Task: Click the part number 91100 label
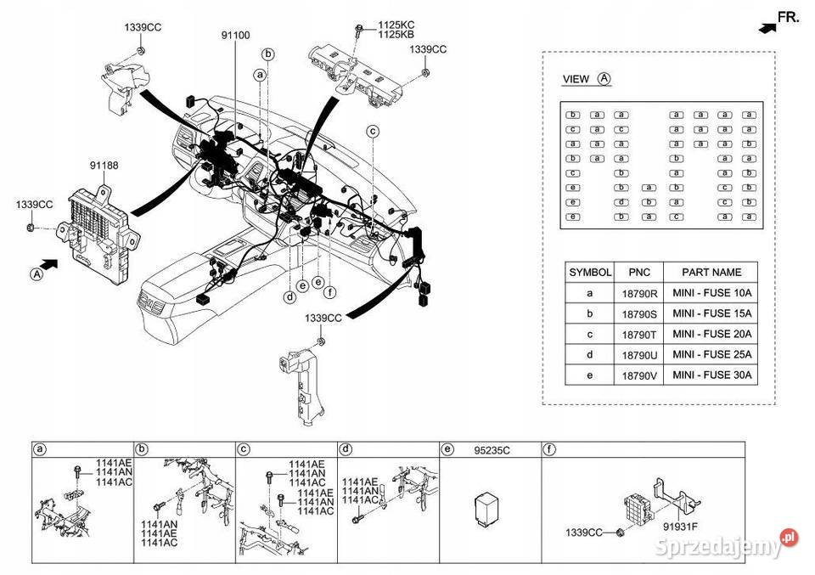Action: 235,36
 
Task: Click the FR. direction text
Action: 789,16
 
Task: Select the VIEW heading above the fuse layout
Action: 576,79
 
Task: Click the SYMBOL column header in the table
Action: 590,273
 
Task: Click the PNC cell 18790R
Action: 639,294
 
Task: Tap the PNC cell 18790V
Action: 639,375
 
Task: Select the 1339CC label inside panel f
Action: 584,533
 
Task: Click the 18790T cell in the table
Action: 639,335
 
